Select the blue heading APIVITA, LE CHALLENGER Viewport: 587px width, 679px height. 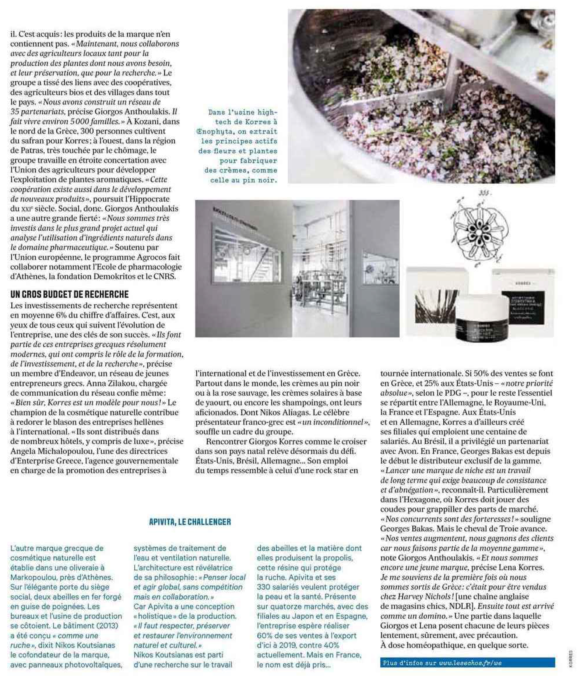(190, 522)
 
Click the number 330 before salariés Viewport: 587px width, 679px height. (263, 587)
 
